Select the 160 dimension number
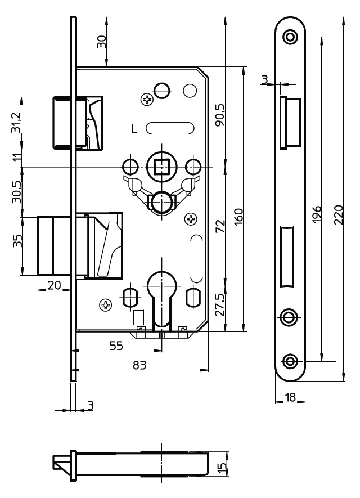click(x=238, y=216)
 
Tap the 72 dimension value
click(x=220, y=226)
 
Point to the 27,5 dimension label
click(x=220, y=305)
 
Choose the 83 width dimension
click(x=139, y=365)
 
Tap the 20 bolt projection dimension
click(x=54, y=285)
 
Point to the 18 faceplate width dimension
click(x=290, y=397)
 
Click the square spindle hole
click(x=161, y=167)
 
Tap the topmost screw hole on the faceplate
click(x=290, y=37)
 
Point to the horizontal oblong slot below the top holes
click(x=170, y=128)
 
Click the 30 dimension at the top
click(x=101, y=42)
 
